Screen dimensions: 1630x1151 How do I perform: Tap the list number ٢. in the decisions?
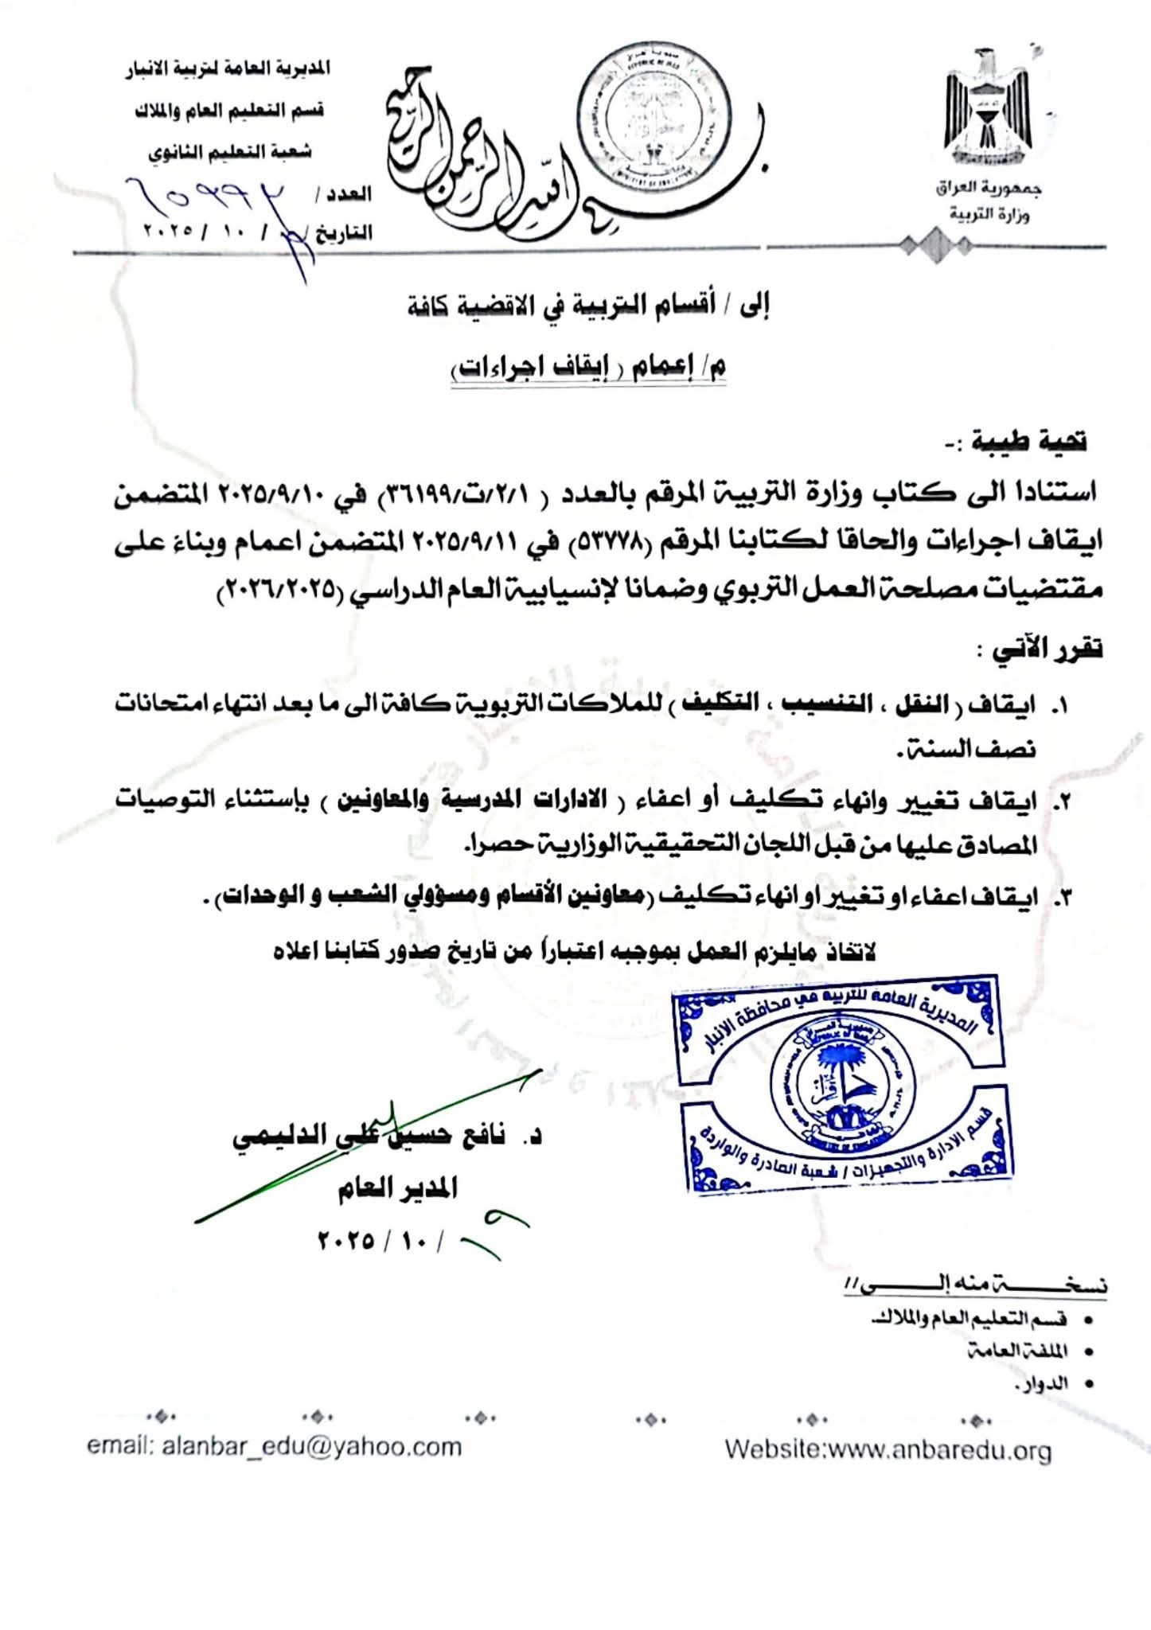(1062, 803)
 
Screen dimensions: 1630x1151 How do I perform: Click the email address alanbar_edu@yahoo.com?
(275, 1445)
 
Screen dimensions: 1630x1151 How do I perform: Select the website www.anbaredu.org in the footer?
(888, 1449)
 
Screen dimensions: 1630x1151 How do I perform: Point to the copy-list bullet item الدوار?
(1034, 1385)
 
